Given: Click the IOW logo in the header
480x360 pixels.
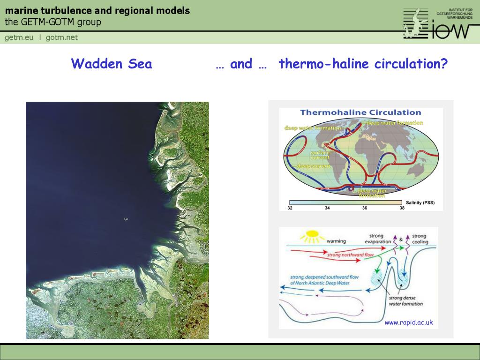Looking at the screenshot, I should (x=436, y=23).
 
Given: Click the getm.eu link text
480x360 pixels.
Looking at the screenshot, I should (x=19, y=37).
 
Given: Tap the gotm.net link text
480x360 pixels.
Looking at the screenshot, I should (x=61, y=37).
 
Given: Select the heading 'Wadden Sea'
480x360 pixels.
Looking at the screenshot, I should (x=112, y=64).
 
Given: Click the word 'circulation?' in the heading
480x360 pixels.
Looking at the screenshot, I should (x=411, y=64).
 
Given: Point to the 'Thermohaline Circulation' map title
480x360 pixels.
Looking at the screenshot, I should (x=360, y=112).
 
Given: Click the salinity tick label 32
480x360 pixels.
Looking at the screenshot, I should (x=290, y=208).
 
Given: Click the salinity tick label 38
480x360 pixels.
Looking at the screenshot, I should (x=402, y=208).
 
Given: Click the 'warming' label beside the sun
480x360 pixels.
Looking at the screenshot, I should (x=336, y=241).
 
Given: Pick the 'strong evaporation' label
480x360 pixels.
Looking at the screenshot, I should (x=378, y=239).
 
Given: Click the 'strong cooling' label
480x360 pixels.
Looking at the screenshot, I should (x=420, y=239).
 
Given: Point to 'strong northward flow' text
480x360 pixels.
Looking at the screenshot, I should (x=351, y=255).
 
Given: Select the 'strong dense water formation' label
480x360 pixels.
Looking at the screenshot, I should (x=405, y=300).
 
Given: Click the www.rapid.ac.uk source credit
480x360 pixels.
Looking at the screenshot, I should (x=408, y=322).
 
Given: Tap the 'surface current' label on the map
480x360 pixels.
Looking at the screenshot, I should (x=320, y=155).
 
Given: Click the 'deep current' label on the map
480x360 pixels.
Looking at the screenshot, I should (x=313, y=166).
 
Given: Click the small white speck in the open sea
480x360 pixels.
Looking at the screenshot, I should (x=126, y=219).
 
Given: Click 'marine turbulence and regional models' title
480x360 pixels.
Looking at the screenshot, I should (x=97, y=11).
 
